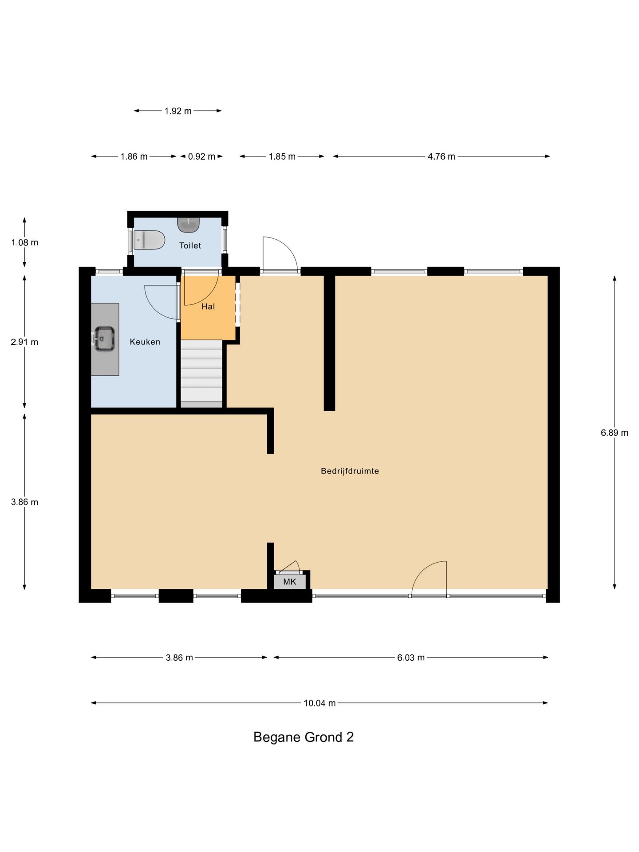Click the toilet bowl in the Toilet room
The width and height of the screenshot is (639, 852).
tap(150, 240)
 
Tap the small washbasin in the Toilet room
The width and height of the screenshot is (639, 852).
tap(188, 225)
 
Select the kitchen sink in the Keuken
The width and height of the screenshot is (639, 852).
tap(104, 339)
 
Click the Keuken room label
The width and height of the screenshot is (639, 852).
tap(145, 342)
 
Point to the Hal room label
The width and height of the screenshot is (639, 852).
tap(208, 307)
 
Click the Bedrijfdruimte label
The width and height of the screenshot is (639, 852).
tap(350, 471)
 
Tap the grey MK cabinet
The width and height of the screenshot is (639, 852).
tap(289, 581)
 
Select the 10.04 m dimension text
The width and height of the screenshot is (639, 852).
tap(319, 703)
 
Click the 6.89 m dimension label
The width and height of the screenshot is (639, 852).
tap(615, 433)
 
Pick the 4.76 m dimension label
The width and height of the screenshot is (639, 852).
tap(441, 157)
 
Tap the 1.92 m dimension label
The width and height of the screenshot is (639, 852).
tap(178, 111)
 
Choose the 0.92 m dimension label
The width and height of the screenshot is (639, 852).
tap(201, 157)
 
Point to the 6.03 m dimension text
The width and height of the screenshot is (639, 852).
tap(411, 658)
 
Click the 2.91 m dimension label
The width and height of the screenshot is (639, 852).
tap(24, 342)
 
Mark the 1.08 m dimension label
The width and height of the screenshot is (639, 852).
tap(24, 243)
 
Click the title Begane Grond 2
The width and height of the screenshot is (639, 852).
tap(304, 737)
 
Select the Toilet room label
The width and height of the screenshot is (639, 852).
tap(190, 245)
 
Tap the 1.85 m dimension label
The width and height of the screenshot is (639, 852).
tap(282, 157)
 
